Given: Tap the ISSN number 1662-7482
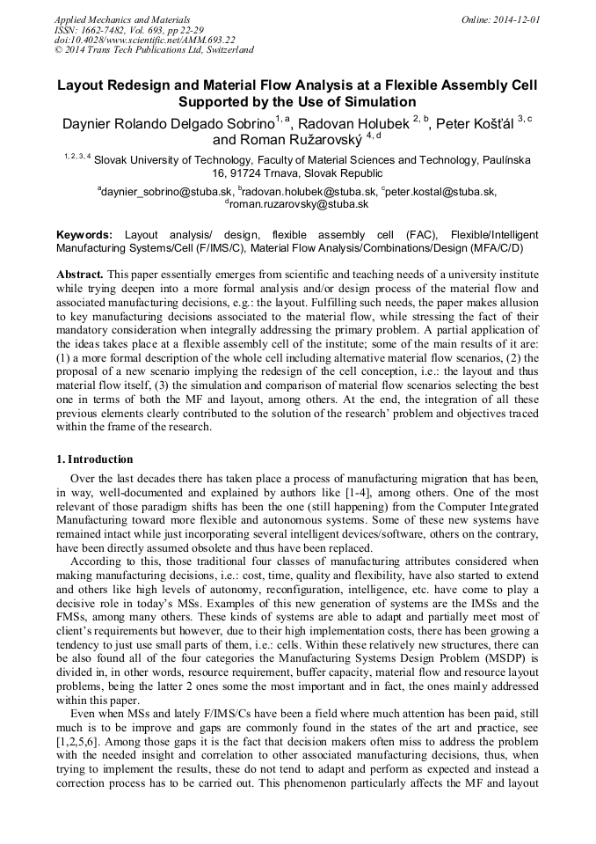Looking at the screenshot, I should (105, 29).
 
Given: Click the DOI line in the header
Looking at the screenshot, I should (144, 40).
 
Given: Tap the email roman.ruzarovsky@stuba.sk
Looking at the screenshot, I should (298, 203).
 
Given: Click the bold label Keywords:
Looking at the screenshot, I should (84, 236).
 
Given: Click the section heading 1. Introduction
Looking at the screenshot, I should (94, 459).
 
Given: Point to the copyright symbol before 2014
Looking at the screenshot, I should (59, 50).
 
